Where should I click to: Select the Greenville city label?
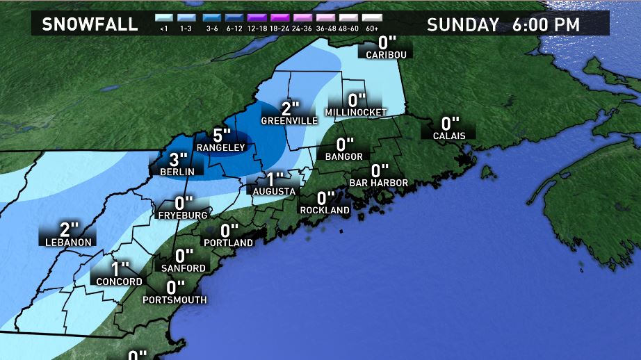289,121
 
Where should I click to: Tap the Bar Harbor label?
378,183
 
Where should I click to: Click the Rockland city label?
325,210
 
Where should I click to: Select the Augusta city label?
275,191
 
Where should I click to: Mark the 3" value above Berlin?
179,158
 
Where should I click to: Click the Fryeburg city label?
181,215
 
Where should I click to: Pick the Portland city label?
229,243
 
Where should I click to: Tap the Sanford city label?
184,268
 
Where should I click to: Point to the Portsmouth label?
175,300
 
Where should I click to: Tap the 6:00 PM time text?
546,24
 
